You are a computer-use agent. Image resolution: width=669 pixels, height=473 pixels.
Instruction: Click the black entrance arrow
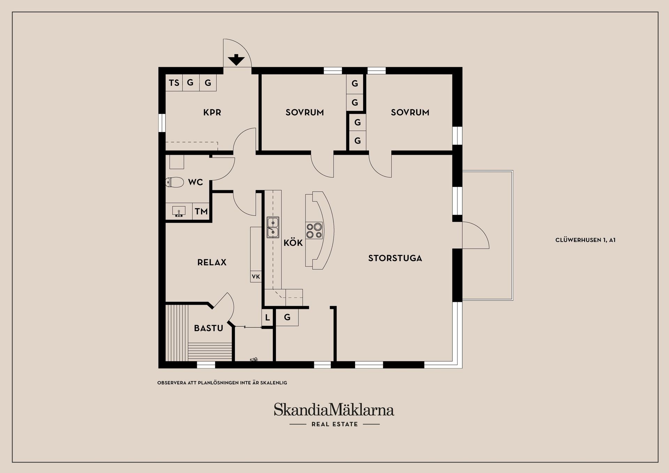click(236, 60)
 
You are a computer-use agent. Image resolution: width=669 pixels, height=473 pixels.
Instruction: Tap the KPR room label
click(212, 112)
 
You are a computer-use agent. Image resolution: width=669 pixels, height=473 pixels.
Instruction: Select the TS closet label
click(174, 83)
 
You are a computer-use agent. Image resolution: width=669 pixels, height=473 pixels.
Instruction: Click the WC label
click(195, 182)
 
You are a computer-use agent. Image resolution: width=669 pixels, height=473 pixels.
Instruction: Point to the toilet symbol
click(174, 182)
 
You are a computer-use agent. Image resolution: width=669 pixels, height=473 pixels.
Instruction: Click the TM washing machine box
click(201, 211)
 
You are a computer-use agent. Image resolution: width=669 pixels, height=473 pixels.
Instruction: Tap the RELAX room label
click(212, 262)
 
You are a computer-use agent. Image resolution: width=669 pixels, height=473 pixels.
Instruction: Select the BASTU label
click(208, 328)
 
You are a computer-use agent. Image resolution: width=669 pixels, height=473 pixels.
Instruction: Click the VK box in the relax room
click(256, 277)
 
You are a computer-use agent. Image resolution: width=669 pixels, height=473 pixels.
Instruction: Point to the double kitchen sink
click(273, 227)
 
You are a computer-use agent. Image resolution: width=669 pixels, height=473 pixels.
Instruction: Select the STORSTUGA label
click(395, 258)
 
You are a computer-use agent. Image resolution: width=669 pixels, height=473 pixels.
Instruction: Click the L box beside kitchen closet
click(267, 318)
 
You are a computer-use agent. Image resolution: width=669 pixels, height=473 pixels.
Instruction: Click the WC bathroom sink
click(179, 211)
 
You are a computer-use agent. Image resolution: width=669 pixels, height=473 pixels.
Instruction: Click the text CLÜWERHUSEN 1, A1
click(585, 240)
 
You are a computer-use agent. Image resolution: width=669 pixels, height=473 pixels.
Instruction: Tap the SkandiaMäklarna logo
click(334, 410)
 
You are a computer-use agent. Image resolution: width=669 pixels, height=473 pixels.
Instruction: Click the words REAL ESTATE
click(334, 424)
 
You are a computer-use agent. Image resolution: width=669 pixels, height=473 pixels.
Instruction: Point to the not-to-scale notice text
click(222, 383)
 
